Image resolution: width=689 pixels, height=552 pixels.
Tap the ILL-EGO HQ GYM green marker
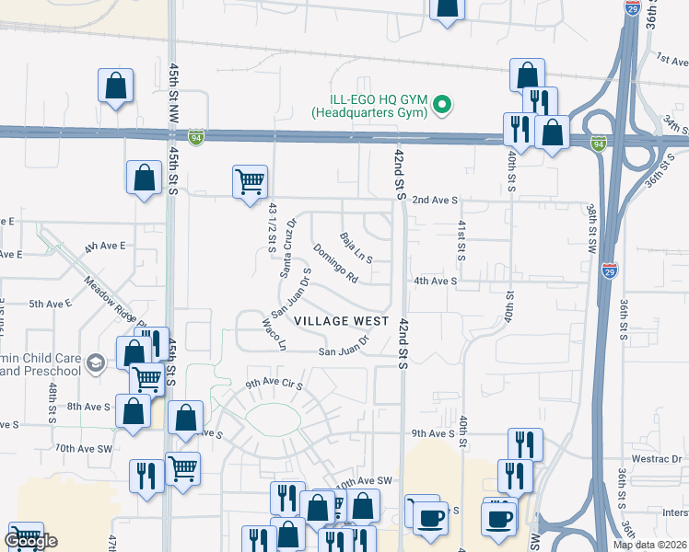point(441,106)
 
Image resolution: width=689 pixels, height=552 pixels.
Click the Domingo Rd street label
point(334,263)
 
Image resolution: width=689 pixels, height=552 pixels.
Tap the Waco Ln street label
point(275,335)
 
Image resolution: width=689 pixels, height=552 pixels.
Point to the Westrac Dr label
point(658,457)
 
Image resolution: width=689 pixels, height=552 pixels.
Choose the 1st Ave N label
point(671,60)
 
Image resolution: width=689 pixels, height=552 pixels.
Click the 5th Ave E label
point(50,303)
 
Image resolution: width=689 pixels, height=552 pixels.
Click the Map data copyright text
point(650,545)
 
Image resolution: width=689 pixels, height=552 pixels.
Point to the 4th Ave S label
point(435,281)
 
